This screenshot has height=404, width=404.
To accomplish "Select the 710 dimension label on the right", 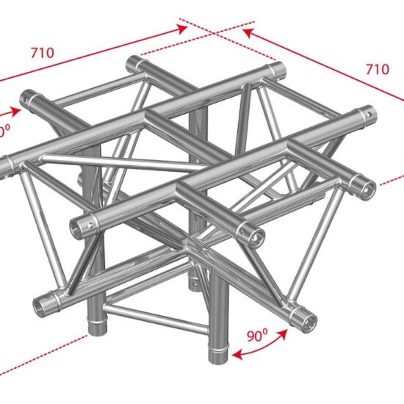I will (x=376, y=70).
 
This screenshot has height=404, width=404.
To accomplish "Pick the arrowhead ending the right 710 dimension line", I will (x=248, y=33).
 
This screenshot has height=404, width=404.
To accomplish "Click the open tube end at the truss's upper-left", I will (x=31, y=96).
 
